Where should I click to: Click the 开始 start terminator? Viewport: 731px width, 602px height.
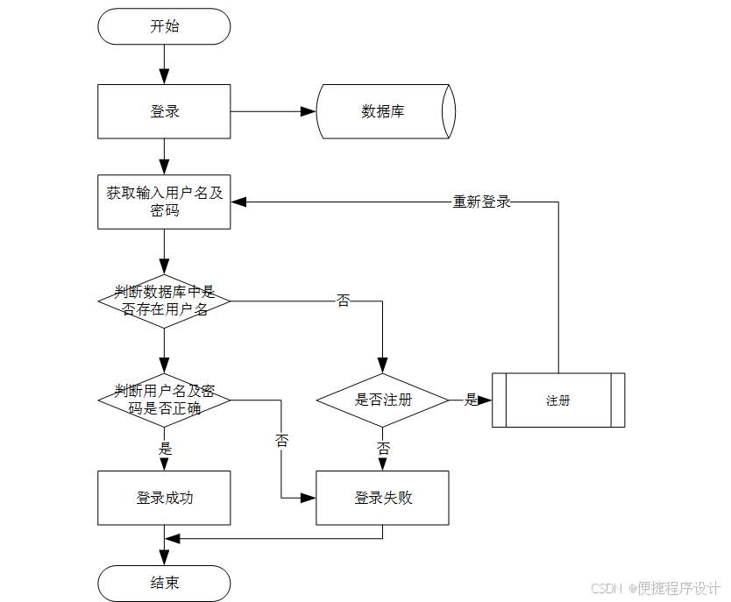[164, 26]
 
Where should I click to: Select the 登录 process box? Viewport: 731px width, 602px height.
[164, 111]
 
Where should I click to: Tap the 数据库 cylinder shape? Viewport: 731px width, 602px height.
[384, 111]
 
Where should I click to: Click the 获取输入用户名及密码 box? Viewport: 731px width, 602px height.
[164, 202]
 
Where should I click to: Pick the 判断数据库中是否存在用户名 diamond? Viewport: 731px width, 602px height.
[164, 301]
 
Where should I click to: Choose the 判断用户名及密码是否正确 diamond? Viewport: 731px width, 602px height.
[164, 400]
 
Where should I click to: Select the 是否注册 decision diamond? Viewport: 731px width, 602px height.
[382, 400]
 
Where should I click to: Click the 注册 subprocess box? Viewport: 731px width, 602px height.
[558, 400]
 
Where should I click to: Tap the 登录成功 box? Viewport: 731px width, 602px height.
[164, 498]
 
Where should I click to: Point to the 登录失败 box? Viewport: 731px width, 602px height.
[382, 498]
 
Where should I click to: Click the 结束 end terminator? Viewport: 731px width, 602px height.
[164, 583]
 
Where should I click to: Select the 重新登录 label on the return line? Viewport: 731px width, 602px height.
[481, 202]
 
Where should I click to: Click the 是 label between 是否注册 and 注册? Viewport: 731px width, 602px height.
[472, 400]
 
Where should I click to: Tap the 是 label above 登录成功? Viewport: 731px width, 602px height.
[164, 449]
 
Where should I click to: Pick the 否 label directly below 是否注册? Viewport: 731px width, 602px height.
[383, 449]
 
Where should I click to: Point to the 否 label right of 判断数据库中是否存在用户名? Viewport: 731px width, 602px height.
[343, 301]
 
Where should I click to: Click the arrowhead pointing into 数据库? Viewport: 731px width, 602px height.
[308, 111]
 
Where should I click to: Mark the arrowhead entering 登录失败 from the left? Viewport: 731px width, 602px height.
[308, 498]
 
